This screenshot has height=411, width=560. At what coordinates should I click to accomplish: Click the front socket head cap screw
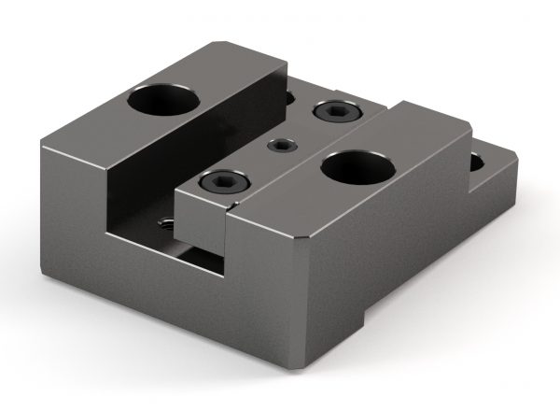(x=228, y=182)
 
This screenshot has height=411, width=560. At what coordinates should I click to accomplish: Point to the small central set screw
(x=280, y=146)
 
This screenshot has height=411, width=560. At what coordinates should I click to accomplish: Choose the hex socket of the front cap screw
(x=228, y=182)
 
